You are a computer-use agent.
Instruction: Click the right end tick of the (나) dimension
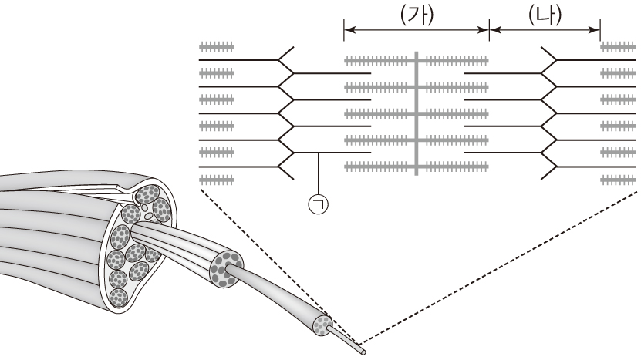[600, 31]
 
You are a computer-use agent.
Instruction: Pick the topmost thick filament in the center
[417, 59]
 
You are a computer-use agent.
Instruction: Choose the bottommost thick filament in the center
[417, 167]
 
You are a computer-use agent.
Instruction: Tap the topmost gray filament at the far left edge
[217, 46]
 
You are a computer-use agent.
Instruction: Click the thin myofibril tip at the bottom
[363, 351]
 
